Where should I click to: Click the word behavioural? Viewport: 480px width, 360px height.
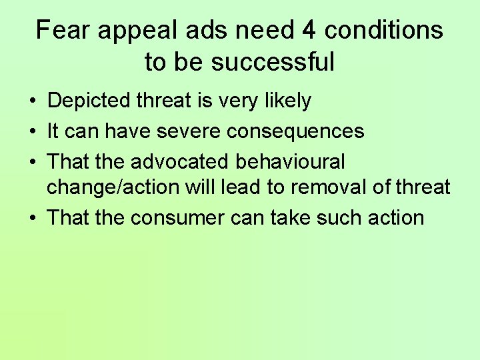point(287,162)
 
